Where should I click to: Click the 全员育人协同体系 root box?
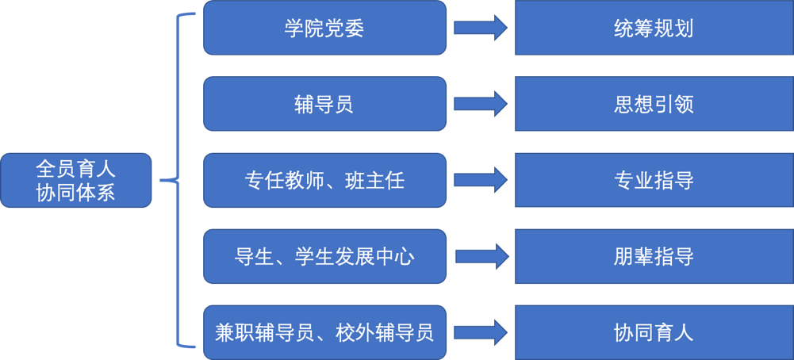click(x=75, y=180)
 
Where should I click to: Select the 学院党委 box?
click(x=324, y=28)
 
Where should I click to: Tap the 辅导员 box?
click(x=324, y=103)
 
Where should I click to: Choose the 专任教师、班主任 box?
click(x=324, y=180)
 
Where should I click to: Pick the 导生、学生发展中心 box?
click(x=324, y=256)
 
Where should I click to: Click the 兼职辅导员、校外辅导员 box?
click(x=324, y=331)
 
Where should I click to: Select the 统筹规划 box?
click(x=654, y=28)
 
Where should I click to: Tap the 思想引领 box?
click(x=654, y=103)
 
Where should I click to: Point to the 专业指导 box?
click(x=654, y=180)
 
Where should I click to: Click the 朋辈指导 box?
click(x=654, y=256)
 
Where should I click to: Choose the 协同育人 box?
click(x=654, y=331)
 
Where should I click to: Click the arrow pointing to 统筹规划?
click(x=481, y=28)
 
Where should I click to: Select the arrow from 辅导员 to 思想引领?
click(x=481, y=103)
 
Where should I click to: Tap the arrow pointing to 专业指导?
click(x=481, y=180)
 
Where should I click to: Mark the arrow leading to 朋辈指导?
click(x=481, y=256)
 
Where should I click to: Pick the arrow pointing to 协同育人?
click(x=481, y=331)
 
